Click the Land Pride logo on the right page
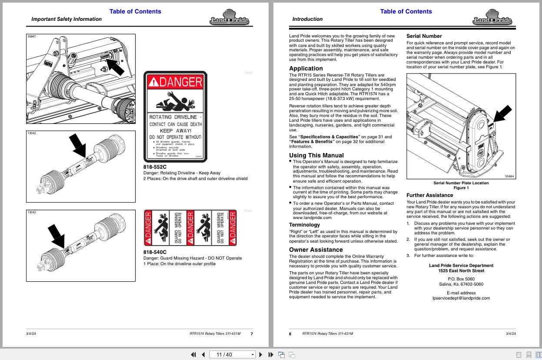(x=492, y=19)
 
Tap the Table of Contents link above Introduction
(x=406, y=11)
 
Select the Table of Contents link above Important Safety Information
(x=135, y=11)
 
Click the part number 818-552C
(x=155, y=167)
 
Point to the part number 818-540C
(x=155, y=252)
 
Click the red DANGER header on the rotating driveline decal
(x=175, y=81)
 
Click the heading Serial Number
(x=424, y=36)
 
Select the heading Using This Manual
(x=316, y=155)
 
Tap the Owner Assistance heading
(x=316, y=250)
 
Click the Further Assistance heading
(x=429, y=195)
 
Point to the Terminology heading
(x=304, y=225)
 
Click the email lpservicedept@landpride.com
(x=461, y=298)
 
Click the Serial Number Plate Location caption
(x=461, y=183)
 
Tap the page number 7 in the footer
(x=252, y=334)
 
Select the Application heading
(x=306, y=68)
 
